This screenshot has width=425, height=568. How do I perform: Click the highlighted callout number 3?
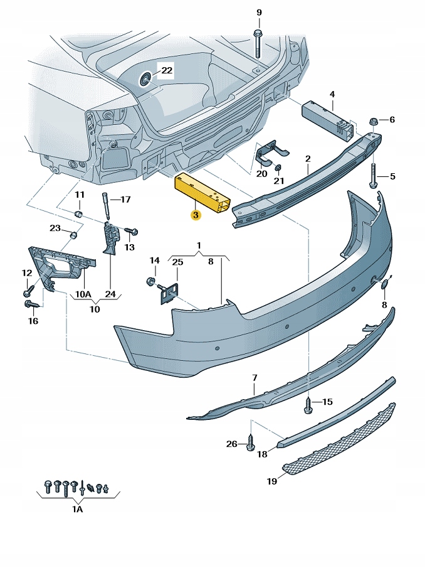pyautogui.click(x=196, y=215)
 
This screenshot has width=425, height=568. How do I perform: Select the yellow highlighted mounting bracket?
pyautogui.click(x=202, y=193)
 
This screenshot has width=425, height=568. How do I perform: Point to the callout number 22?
pyautogui.click(x=166, y=71)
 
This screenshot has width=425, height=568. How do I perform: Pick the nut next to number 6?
pyautogui.click(x=374, y=120)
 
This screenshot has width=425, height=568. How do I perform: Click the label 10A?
pyautogui.click(x=84, y=294)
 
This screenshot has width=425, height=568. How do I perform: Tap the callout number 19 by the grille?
pyautogui.click(x=271, y=482)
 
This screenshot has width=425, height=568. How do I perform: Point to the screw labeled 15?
pyautogui.click(x=308, y=404)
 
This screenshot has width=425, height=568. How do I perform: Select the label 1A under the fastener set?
pyautogui.click(x=77, y=510)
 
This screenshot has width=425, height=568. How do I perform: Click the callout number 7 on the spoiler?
pyautogui.click(x=255, y=378)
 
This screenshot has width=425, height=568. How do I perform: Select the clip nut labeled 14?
pyautogui.click(x=151, y=280)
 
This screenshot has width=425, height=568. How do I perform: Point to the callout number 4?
pyautogui.click(x=332, y=95)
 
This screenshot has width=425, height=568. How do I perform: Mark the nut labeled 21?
pyautogui.click(x=278, y=168)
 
